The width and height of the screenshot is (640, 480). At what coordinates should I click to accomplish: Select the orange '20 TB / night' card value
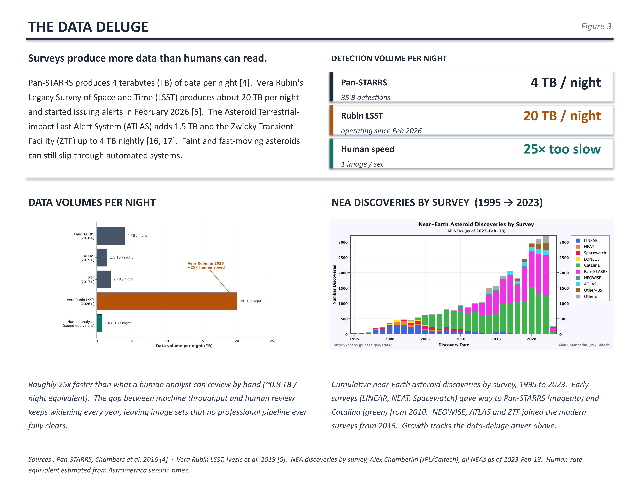click(x=562, y=116)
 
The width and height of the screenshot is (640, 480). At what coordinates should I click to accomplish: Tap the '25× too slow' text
click(x=562, y=149)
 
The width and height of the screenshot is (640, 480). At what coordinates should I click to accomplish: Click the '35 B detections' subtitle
click(x=365, y=97)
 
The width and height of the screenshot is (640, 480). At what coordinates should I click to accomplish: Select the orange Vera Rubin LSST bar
click(x=167, y=301)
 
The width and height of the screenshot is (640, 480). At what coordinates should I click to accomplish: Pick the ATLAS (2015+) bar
click(x=102, y=258)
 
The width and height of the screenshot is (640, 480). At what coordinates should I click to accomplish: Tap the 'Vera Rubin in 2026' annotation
click(x=206, y=263)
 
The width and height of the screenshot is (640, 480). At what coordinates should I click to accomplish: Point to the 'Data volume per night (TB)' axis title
click(x=184, y=346)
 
